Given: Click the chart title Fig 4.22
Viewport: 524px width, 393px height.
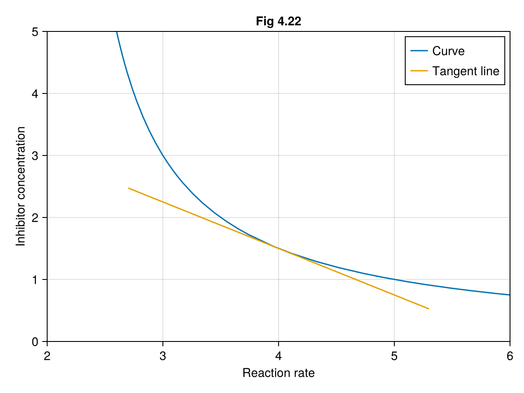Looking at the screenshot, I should coord(279,21).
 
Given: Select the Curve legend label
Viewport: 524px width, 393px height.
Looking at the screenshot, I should coord(448,51).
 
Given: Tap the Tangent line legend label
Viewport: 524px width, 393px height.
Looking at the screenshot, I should coord(465,71).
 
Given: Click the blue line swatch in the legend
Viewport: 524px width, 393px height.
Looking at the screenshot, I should coord(419,51).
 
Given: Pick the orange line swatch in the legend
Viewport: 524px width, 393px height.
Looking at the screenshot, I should coord(419,71).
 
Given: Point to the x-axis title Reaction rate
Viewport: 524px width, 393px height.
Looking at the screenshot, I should coord(279,373).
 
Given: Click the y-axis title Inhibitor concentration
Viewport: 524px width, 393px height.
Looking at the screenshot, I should coord(21,186).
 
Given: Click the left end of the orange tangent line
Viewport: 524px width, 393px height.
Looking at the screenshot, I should coord(128,188).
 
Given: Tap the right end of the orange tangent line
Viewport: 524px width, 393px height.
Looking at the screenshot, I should coord(429,309).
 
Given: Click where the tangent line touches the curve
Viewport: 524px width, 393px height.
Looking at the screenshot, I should coord(279,248).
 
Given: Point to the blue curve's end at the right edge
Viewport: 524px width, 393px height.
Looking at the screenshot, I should coord(510,295).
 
